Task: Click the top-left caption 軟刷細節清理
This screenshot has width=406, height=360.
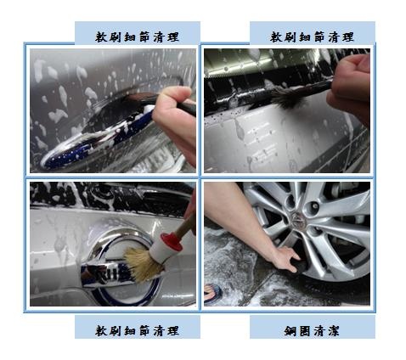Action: coord(137,37)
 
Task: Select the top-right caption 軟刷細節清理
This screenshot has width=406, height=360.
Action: coord(312,37)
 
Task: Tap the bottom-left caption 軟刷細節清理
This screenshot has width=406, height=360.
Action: coord(137,330)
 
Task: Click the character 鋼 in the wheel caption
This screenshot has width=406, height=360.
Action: coord(290,331)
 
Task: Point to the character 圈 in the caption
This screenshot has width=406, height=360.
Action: coord(305,331)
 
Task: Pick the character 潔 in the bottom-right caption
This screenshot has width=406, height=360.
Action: coord(334,331)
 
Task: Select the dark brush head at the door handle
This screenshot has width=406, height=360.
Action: coord(136,98)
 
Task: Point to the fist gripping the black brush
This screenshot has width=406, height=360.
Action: coord(350,85)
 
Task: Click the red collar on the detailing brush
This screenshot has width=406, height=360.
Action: coord(171,242)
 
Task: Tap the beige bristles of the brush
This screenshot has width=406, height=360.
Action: coord(141,264)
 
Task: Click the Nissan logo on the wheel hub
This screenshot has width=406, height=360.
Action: coord(297,219)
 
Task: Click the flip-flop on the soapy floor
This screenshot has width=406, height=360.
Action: coord(212,294)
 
